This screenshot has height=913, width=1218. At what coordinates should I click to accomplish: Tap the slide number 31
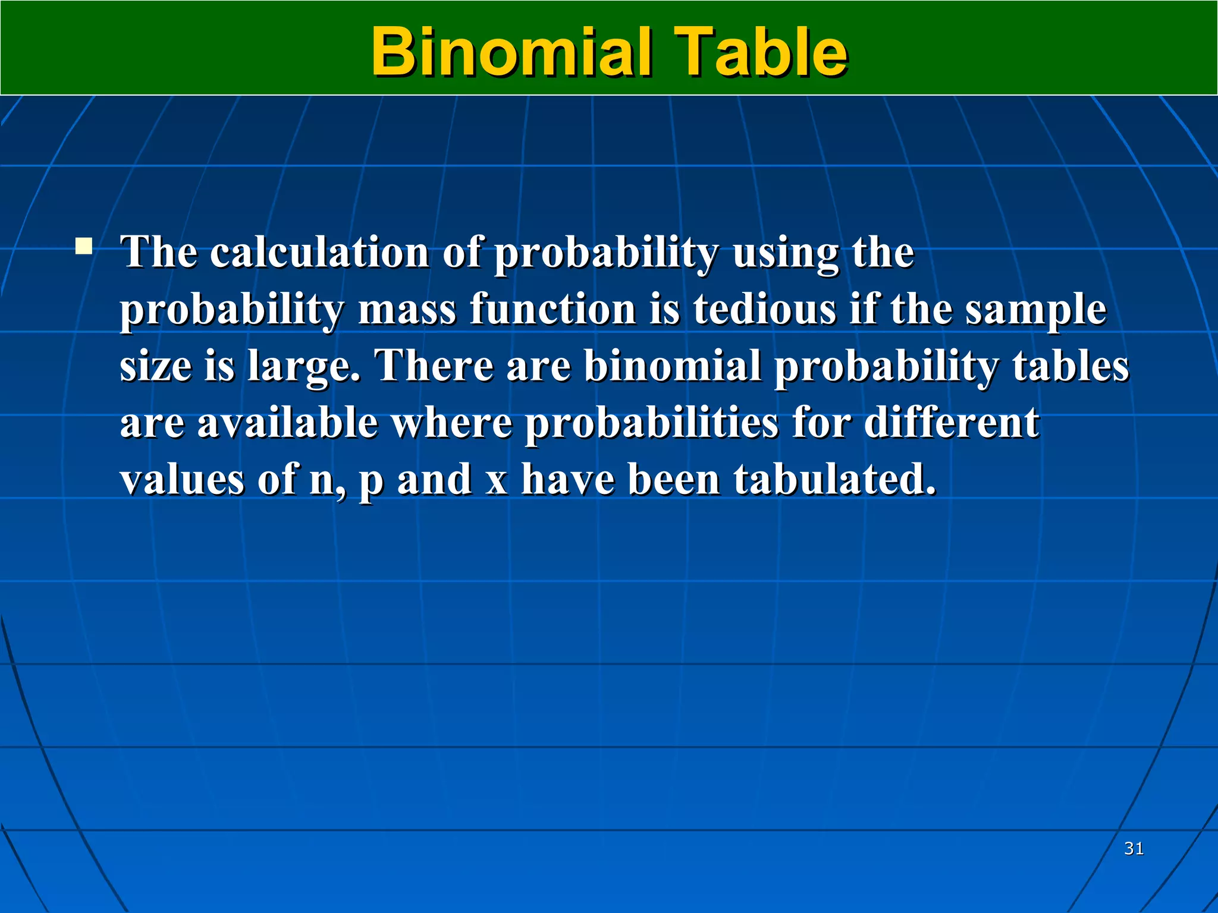pyautogui.click(x=1134, y=848)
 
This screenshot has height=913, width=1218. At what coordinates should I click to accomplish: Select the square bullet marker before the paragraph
pyautogui.click(x=84, y=246)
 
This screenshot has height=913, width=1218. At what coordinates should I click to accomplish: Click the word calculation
pyautogui.click(x=319, y=252)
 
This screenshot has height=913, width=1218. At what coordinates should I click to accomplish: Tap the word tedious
pyautogui.click(x=764, y=310)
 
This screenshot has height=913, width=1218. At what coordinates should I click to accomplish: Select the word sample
pyautogui.click(x=1035, y=311)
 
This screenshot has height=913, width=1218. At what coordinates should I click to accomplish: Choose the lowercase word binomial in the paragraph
pyautogui.click(x=672, y=366)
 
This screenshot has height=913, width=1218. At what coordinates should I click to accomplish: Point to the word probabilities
pyautogui.click(x=651, y=424)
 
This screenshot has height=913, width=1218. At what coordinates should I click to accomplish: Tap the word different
pyautogui.click(x=951, y=423)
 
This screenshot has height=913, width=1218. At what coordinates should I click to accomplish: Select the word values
pyautogui.click(x=182, y=479)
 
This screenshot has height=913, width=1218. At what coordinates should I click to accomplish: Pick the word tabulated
pyautogui.click(x=834, y=479)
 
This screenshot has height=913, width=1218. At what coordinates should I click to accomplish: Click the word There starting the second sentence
pyautogui.click(x=434, y=366)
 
